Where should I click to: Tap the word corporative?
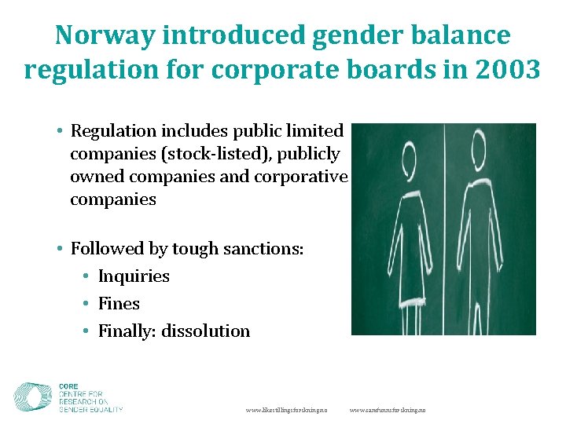[301, 176]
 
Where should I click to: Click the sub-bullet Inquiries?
[134, 276]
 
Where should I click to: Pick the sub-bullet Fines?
[119, 304]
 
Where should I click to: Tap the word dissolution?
[206, 331]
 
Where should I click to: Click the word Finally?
[127, 331]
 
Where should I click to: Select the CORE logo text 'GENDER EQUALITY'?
[90, 408]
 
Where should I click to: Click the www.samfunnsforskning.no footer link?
[388, 410]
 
